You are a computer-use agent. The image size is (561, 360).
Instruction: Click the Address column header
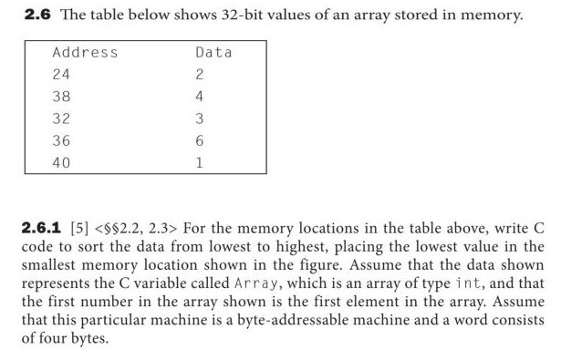coord(85,53)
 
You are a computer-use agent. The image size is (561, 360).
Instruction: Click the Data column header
coord(214,53)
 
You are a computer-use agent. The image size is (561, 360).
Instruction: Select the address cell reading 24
coord(62,75)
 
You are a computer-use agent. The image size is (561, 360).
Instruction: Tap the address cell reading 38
coord(62,97)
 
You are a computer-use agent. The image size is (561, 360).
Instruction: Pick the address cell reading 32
coord(62,118)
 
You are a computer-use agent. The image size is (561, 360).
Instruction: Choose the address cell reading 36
coord(62,141)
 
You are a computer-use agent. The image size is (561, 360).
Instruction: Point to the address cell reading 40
coord(62,163)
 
